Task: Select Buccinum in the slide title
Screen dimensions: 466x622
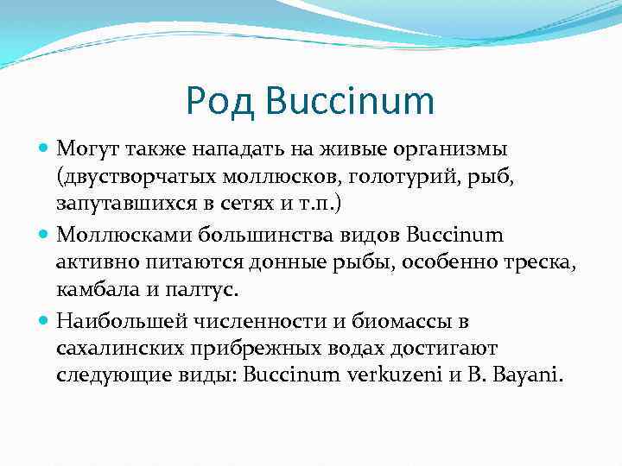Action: point(350,102)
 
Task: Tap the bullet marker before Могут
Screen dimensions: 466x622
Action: point(46,150)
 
